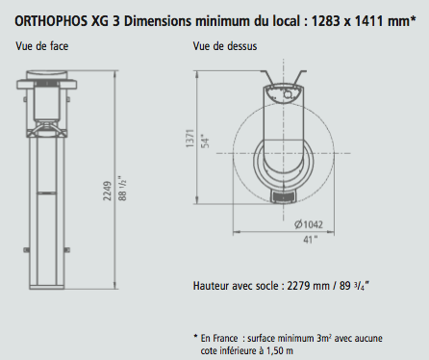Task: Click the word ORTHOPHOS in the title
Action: click(x=51, y=21)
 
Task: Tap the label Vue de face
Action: click(x=42, y=46)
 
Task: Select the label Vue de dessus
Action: click(x=225, y=46)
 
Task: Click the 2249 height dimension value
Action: click(x=108, y=191)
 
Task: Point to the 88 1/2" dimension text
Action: click(x=122, y=188)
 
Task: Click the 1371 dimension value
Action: click(x=189, y=139)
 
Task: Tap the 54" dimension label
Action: click(x=206, y=142)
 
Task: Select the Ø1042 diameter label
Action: click(x=309, y=224)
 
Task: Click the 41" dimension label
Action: click(x=311, y=240)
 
